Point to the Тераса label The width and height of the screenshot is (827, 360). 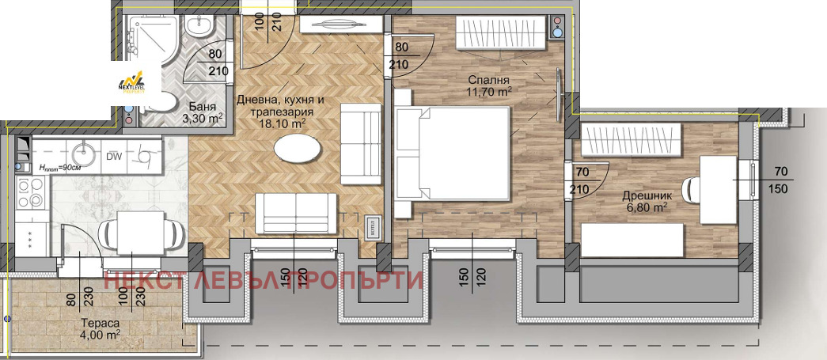click(x=101, y=323)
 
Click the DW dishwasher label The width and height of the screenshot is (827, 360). click(x=114, y=156)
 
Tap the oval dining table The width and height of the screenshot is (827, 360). click(x=298, y=148)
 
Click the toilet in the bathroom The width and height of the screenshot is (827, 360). click(x=164, y=103)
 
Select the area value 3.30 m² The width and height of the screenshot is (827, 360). click(x=203, y=119)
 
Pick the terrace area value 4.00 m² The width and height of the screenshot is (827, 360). click(x=101, y=335)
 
